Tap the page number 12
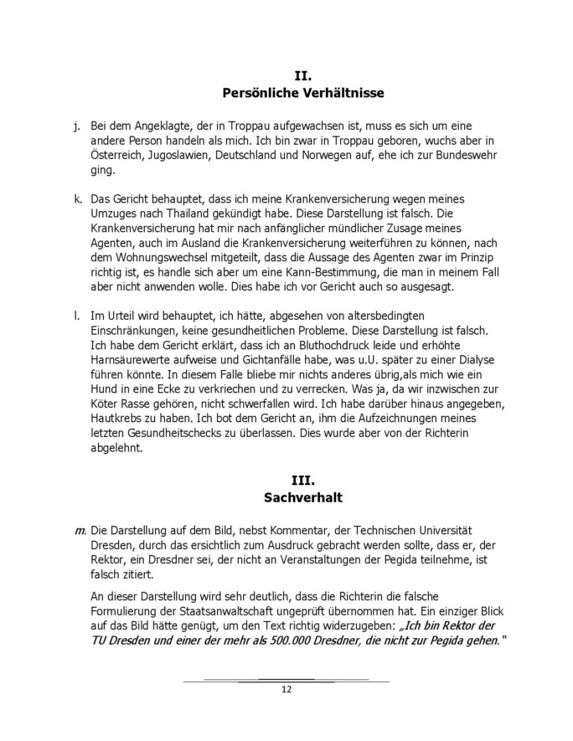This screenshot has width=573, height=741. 286,690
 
